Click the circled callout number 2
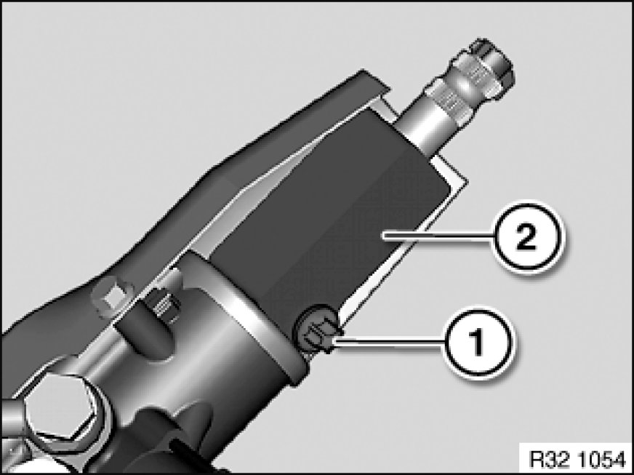point(526,236)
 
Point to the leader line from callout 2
point(438,236)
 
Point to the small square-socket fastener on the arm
point(112,298)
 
